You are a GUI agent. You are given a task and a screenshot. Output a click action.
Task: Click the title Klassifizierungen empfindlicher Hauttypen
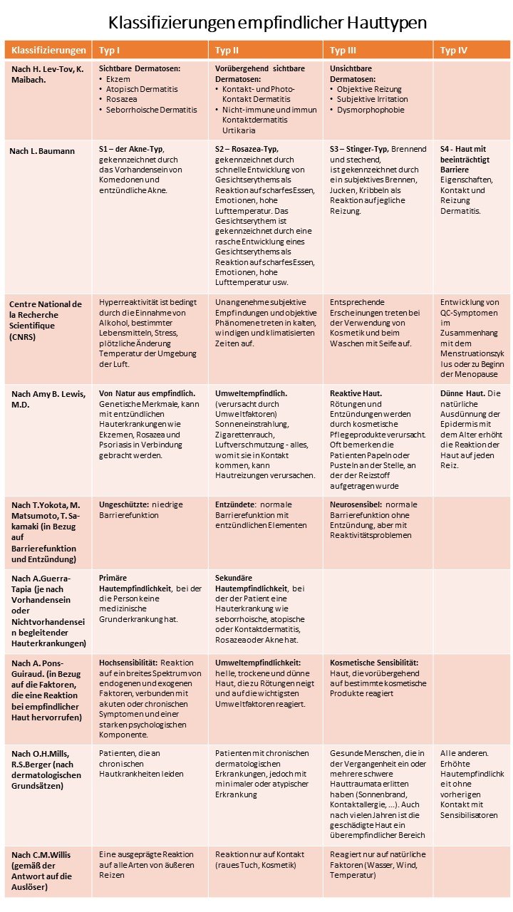267,23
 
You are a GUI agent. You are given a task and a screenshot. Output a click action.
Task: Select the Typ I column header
109,50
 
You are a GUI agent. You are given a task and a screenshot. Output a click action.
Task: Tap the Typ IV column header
454,50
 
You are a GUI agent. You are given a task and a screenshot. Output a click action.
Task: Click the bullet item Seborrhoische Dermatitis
150,110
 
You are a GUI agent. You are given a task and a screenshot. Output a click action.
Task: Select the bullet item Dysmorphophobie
371,110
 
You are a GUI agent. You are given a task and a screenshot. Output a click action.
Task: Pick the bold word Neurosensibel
358,504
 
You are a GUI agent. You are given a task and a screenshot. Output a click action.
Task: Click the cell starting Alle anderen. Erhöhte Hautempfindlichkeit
471,784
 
